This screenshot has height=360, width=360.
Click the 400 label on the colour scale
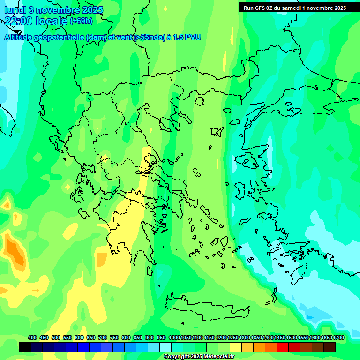32,337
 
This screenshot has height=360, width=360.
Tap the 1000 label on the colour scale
174,337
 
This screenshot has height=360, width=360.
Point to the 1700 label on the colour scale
338,337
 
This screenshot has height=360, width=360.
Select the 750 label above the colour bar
114,337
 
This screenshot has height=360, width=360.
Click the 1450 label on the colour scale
280,337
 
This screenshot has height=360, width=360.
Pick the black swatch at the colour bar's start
25,347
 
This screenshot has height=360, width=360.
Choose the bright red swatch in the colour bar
283,347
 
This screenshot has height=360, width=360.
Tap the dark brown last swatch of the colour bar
330,347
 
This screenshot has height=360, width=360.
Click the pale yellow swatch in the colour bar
236,347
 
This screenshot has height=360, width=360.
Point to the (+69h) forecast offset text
81,21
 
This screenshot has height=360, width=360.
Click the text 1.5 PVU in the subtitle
187,37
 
